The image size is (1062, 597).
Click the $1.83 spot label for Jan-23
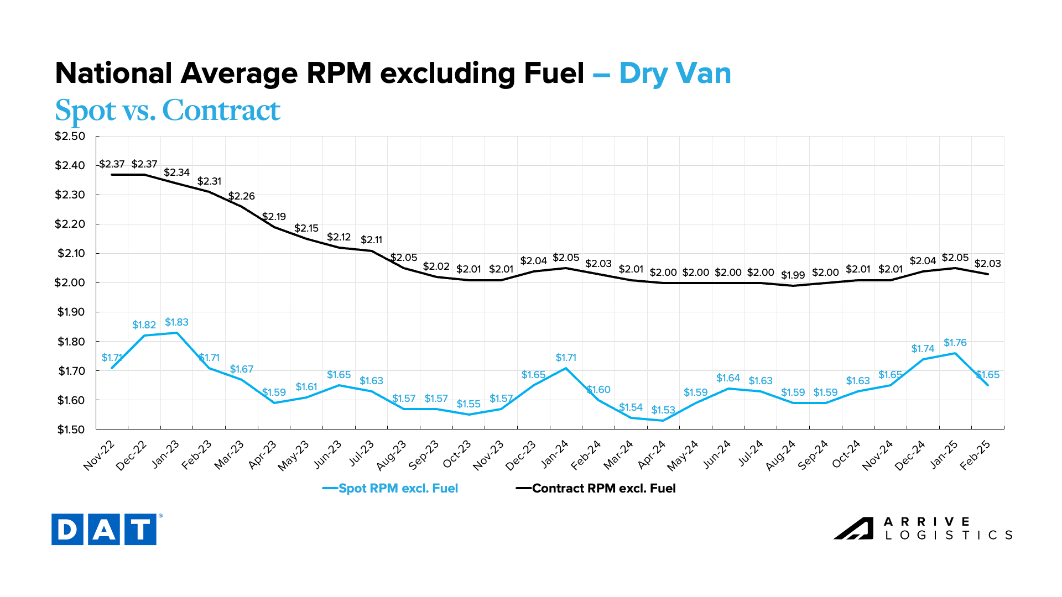point(176,322)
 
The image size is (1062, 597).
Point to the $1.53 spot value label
point(663,410)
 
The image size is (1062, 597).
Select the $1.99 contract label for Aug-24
point(793,275)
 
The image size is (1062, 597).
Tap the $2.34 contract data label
point(176,172)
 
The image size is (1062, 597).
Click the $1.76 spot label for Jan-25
point(955,343)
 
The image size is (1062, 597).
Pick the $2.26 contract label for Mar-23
point(242,196)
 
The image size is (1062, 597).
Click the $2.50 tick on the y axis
point(70,136)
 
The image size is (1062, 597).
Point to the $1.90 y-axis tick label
point(71,312)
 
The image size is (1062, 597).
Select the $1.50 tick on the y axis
point(71,430)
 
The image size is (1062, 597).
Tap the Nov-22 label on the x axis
point(100,455)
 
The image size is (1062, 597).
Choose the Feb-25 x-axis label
point(975,455)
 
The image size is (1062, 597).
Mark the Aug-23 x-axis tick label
point(392,455)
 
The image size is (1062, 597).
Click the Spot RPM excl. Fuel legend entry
point(398,489)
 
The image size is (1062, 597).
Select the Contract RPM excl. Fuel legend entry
point(603,489)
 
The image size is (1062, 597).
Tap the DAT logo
point(104,530)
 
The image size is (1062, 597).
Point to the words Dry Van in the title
point(675,73)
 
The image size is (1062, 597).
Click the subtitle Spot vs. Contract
point(168,110)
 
